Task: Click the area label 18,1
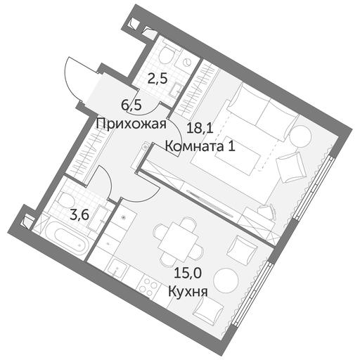coord(200,129)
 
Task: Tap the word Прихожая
coord(131,124)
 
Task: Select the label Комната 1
coord(200,147)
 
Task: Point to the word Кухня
coord(188,292)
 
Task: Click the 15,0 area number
coord(188,273)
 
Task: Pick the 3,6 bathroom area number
coord(79,215)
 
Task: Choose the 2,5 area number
coord(157,79)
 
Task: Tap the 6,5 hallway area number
coord(131,105)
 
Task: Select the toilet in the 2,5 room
coord(167,54)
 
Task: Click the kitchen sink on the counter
coord(118,269)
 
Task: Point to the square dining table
coord(178,238)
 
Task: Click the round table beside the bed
coord(300,136)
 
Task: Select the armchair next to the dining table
coord(241,248)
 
